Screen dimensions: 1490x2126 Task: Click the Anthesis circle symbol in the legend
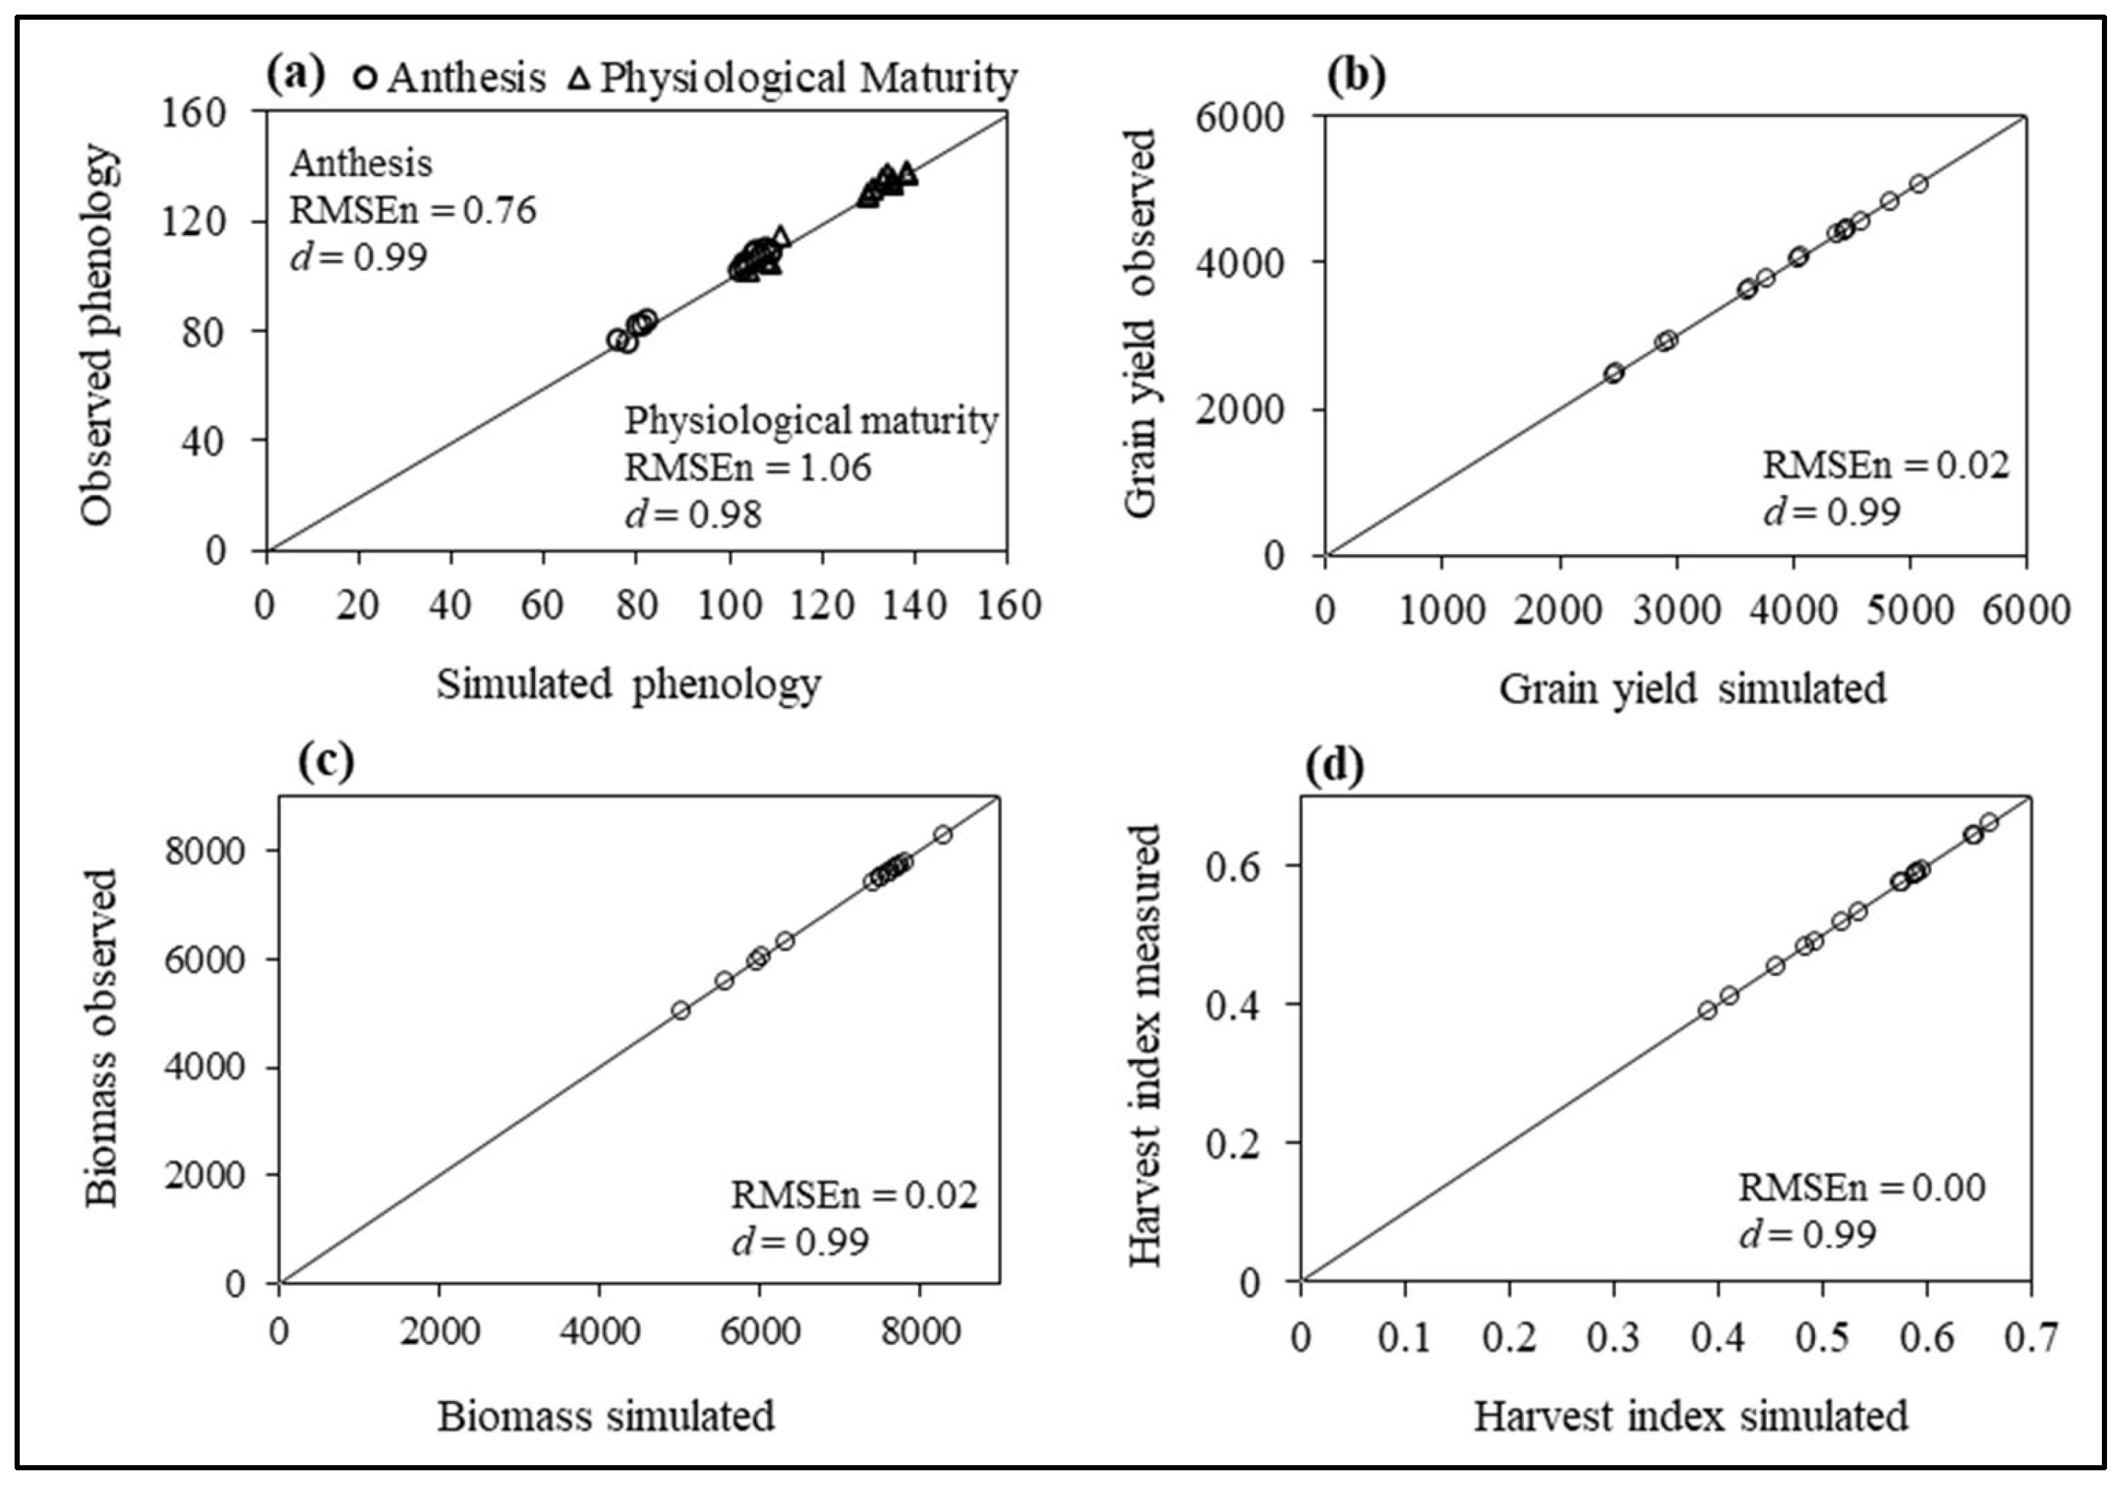point(366,78)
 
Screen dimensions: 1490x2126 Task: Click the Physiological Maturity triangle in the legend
point(579,78)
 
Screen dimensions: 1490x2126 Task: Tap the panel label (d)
point(1334,766)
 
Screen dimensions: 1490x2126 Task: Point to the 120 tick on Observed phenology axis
point(193,221)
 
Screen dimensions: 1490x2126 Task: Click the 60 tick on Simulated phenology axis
point(542,607)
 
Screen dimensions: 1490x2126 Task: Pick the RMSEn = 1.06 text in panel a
point(747,468)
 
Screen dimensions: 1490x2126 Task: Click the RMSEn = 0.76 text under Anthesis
point(413,210)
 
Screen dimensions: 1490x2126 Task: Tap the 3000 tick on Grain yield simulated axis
point(1675,611)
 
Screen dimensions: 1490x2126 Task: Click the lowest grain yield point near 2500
point(1614,372)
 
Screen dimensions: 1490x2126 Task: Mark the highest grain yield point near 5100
point(1919,183)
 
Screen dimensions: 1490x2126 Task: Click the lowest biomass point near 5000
point(681,1010)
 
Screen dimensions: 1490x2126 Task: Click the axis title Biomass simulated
point(606,1417)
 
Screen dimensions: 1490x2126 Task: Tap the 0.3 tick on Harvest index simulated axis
point(1613,1338)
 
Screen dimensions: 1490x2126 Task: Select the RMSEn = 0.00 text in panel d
point(1861,1188)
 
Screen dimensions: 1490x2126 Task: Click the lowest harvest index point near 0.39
point(1708,1010)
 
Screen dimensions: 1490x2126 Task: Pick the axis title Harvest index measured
point(1144,1046)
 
